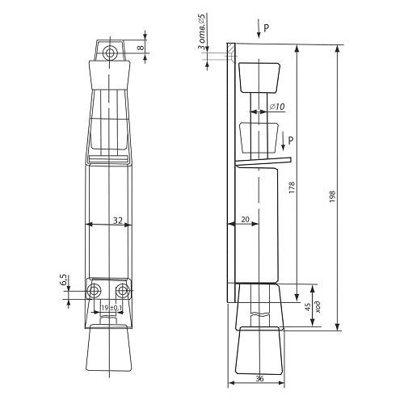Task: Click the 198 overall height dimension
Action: coord(332,196)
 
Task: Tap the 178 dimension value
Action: coord(292,187)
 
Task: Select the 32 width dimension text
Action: coord(118,221)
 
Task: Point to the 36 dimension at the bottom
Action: coord(259,378)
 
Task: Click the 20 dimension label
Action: coord(245,220)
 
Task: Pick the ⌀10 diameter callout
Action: coord(277,107)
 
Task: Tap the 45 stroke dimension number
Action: coord(308,306)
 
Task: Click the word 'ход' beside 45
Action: coord(318,306)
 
